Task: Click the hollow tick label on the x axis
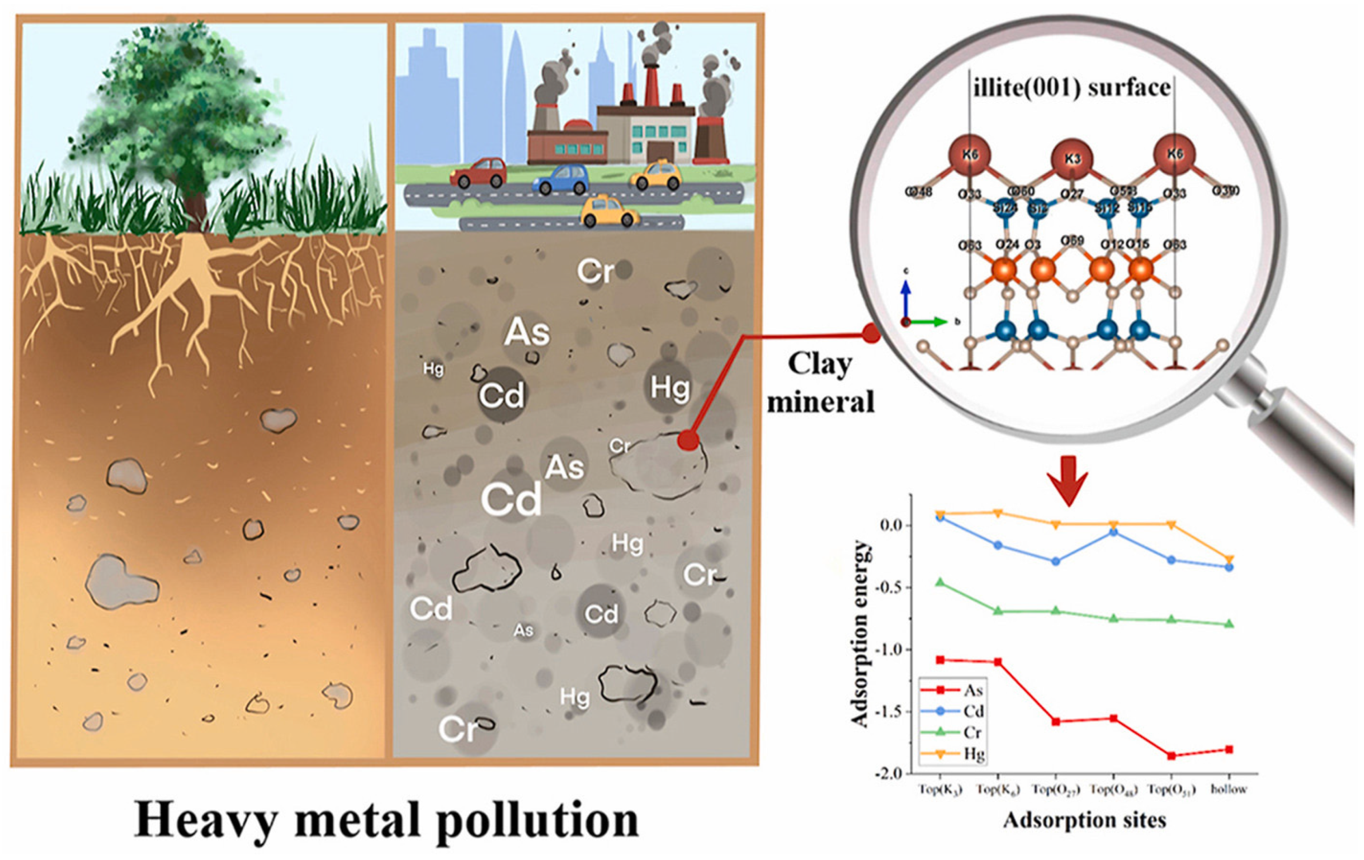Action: click(1229, 789)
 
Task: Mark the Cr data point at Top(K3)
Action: click(940, 582)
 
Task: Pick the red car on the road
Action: click(479, 172)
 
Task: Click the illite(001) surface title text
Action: click(1072, 88)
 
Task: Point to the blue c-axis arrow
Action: click(906, 298)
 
